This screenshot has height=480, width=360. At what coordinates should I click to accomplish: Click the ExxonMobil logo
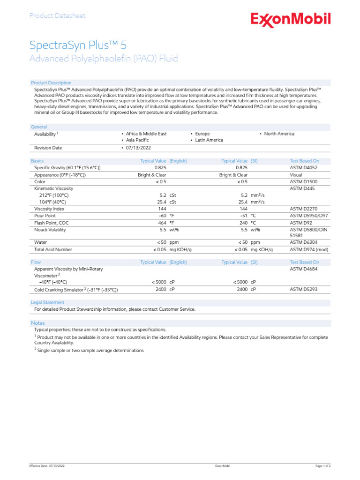(291, 20)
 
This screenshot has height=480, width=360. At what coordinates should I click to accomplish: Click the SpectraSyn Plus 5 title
(78, 45)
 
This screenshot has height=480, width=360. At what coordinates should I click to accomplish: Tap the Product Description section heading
(51, 83)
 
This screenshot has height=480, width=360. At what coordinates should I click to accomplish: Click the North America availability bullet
(279, 134)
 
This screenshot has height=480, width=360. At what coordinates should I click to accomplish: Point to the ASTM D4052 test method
(304, 168)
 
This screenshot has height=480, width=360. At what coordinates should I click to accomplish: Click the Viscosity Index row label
(49, 209)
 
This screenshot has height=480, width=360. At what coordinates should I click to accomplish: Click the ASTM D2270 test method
(304, 209)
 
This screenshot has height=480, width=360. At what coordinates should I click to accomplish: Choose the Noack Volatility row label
(50, 230)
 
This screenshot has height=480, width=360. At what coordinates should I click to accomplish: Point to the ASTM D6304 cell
(304, 243)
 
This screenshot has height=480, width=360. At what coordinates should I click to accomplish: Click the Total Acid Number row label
(53, 250)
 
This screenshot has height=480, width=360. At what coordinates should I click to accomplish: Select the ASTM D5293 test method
(304, 290)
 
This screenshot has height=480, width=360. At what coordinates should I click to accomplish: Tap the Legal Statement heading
(47, 303)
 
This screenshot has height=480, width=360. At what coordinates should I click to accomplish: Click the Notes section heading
(38, 323)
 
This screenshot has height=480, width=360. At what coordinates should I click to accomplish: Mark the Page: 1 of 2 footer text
(323, 466)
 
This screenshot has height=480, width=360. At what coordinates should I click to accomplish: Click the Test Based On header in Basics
(304, 161)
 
